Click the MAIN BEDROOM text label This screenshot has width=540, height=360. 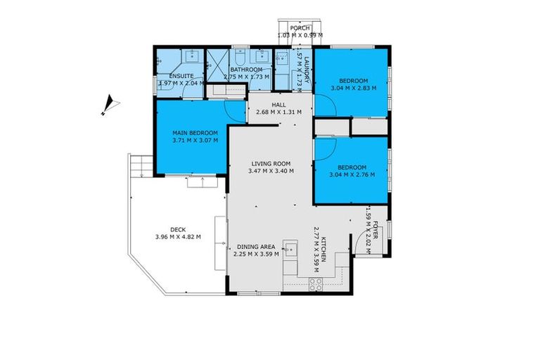195,133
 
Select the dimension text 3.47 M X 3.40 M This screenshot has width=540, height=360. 271,171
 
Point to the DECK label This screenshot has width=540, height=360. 178,229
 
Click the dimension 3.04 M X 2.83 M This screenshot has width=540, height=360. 354,89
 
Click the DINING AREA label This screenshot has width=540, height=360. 256,246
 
